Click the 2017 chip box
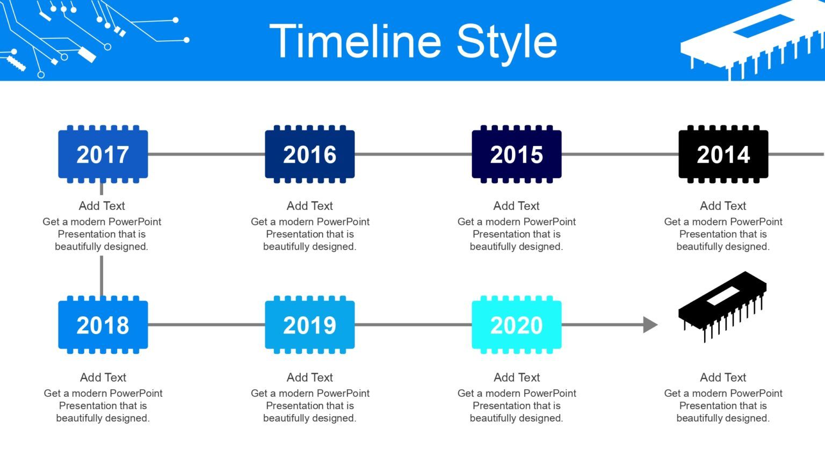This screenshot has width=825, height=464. click(103, 155)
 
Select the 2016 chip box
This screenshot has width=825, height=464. click(309, 155)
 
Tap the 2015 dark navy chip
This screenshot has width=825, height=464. click(516, 155)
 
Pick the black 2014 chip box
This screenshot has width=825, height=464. click(723, 155)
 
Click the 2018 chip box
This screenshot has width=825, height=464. click(103, 325)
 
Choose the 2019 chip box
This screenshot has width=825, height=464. click(309, 325)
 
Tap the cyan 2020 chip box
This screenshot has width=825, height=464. click(516, 325)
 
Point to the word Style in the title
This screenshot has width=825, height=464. click(506, 41)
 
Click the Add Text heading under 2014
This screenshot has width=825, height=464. click(723, 206)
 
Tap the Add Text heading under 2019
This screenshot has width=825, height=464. click(309, 377)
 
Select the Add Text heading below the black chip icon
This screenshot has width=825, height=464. click(723, 377)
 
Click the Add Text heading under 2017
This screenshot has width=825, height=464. click(102, 206)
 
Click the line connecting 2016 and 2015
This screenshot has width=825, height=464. click(412, 155)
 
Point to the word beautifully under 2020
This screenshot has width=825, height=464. click(494, 418)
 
